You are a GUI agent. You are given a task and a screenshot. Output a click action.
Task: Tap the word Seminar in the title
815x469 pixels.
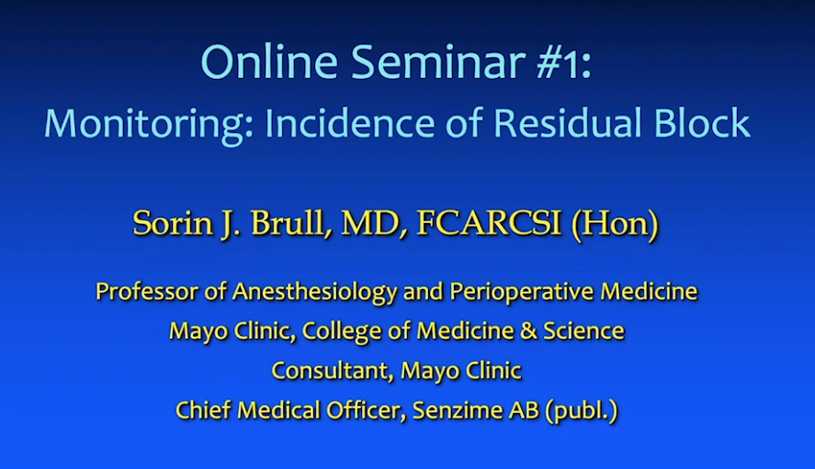[x=438, y=61]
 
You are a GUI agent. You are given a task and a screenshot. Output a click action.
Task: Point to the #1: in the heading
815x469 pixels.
[x=564, y=62]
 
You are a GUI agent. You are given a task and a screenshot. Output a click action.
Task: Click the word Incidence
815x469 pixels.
[x=349, y=123]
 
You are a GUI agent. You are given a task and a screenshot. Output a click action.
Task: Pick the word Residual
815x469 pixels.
[x=567, y=123]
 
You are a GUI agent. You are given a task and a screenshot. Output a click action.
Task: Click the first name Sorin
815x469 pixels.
[x=173, y=223]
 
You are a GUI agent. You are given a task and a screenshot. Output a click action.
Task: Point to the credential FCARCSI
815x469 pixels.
[x=489, y=223]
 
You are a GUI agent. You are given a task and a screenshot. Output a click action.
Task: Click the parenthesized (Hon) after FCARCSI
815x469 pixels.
[x=615, y=224]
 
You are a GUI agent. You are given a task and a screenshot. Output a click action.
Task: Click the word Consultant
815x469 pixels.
[x=332, y=371]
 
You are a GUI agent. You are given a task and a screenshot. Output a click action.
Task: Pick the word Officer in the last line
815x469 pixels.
[x=366, y=410]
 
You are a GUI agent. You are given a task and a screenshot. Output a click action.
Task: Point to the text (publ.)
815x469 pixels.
[x=582, y=411]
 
